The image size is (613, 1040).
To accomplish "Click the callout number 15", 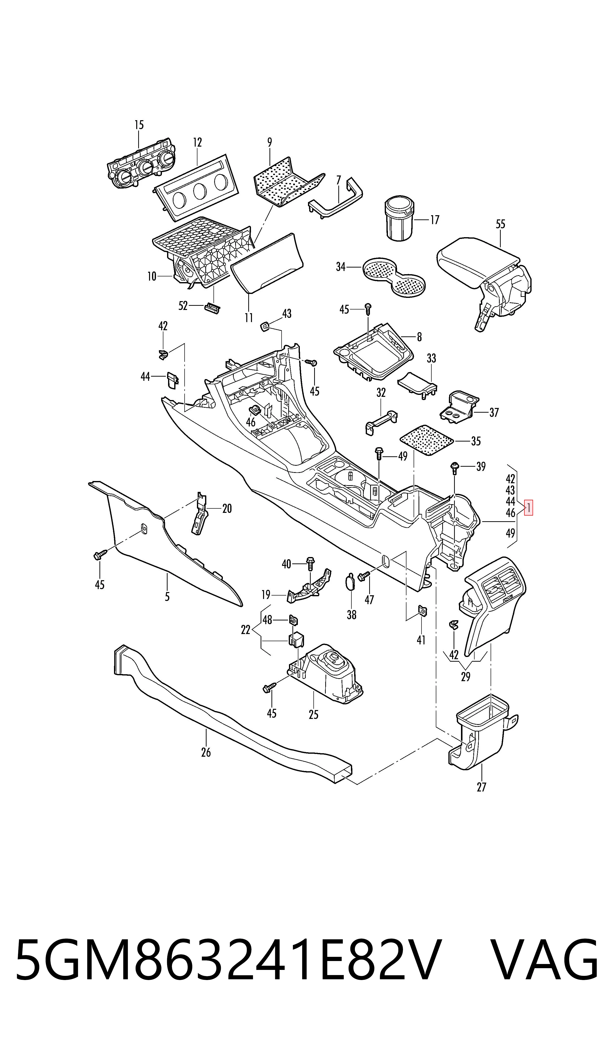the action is (x=139, y=125).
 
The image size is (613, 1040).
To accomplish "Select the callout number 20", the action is (x=227, y=508).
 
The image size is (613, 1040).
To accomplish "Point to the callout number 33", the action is (x=431, y=358).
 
